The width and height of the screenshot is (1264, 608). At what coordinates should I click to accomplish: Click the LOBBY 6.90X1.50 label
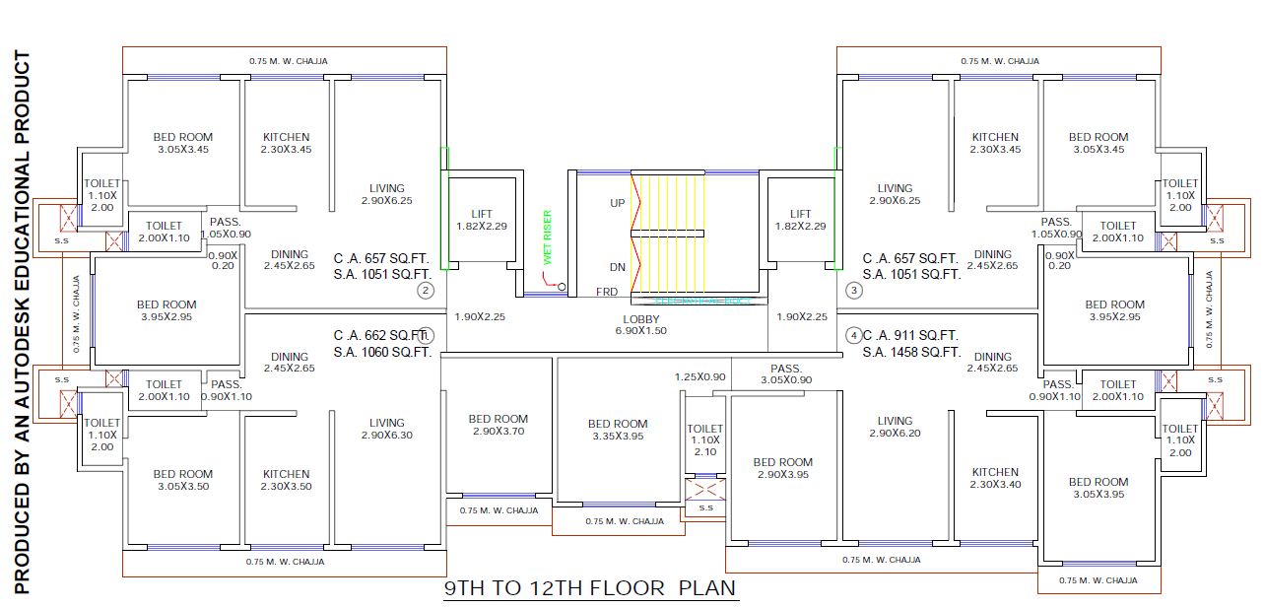(644, 325)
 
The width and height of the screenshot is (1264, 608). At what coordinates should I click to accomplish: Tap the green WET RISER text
(549, 237)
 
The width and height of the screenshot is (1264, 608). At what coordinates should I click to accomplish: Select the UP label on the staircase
(618, 203)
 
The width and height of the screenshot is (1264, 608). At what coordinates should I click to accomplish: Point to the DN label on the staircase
(618, 267)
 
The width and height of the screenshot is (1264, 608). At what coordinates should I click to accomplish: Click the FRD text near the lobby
(607, 293)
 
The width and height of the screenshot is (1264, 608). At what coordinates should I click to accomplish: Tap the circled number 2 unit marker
(426, 290)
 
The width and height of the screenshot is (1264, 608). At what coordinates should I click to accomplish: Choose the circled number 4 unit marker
(854, 335)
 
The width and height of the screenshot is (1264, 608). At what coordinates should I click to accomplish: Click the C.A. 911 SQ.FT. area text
(911, 335)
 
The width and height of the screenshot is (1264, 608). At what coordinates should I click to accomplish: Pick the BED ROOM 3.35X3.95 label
(618, 430)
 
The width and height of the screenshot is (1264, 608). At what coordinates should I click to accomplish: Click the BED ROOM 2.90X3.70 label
(499, 425)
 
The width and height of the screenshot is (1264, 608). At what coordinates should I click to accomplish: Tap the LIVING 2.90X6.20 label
(895, 427)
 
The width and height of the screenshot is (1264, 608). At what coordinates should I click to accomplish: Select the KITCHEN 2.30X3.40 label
(995, 478)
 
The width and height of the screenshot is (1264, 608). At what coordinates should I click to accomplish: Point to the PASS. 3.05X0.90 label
(787, 374)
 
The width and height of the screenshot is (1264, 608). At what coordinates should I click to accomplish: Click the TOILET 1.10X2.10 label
(705, 439)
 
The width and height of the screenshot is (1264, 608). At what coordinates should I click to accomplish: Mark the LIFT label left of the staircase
(482, 220)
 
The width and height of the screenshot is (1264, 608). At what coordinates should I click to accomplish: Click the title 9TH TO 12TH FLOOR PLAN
(590, 589)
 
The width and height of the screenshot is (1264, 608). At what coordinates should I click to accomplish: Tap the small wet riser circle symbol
(562, 287)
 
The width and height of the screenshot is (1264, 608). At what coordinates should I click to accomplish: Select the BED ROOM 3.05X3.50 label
(183, 480)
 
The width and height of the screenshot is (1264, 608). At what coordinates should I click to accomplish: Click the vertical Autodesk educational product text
(24, 323)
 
